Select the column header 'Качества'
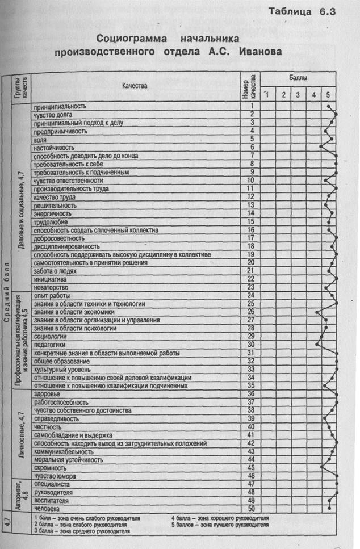(135, 86)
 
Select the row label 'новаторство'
(51, 288)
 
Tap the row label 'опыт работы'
(52, 296)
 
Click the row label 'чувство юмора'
(55, 476)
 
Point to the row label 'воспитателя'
(51, 501)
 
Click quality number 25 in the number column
(250, 304)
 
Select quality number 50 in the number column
(250, 509)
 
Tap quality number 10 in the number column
(250, 181)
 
